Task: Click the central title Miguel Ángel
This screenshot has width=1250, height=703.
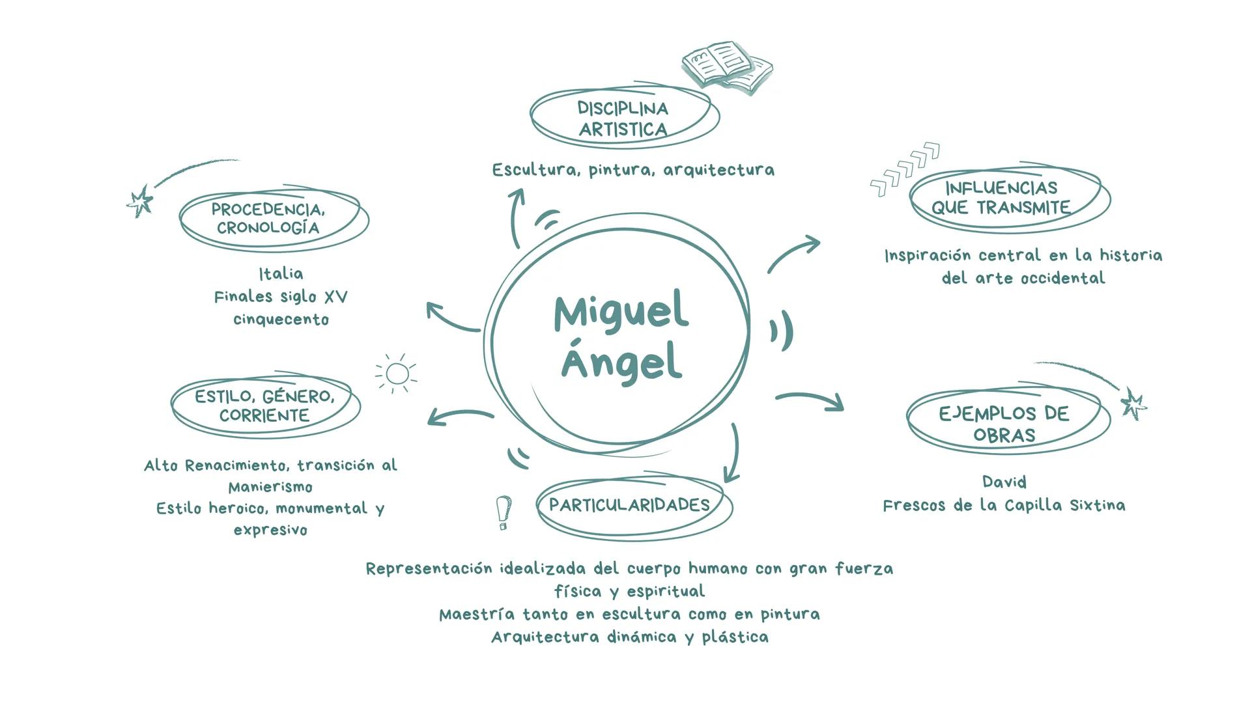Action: [621, 337]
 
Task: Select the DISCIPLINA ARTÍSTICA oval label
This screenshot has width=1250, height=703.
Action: [623, 118]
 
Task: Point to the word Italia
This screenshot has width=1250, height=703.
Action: [281, 273]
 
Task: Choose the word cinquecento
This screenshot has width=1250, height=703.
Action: [281, 320]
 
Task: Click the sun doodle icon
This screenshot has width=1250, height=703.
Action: [397, 374]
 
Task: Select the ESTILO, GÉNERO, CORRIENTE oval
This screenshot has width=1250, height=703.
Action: [264, 406]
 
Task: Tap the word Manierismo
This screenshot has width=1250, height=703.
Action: [270, 487]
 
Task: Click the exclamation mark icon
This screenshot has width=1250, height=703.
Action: [504, 512]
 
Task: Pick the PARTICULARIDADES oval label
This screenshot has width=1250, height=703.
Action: [630, 505]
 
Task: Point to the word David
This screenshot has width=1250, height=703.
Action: [1004, 482]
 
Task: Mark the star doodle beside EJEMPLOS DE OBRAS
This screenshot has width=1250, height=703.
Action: [1133, 404]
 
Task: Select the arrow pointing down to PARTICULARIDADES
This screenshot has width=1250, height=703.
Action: [733, 453]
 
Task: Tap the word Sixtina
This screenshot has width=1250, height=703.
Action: [1098, 506]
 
